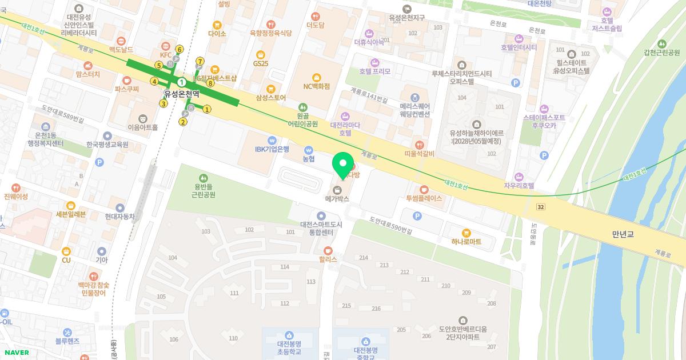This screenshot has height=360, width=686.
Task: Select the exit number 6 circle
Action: pos(180,49)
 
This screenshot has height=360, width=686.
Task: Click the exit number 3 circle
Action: pos(163,103)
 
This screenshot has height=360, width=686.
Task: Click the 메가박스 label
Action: pos(337,199)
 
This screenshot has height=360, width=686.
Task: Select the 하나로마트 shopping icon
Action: pos(466,233)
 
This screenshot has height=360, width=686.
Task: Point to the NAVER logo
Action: pos(15,353)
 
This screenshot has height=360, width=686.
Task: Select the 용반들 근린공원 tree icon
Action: pos(204,178)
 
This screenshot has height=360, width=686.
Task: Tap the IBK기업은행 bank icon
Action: pos(273,139)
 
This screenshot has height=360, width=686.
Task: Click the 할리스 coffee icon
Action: pos(328,250)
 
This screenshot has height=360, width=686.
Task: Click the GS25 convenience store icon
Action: pos(261,54)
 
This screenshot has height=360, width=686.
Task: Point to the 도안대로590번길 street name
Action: pos(390,225)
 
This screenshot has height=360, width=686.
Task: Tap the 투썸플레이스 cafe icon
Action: pos(424,190)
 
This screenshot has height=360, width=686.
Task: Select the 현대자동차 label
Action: pos(119,217)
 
